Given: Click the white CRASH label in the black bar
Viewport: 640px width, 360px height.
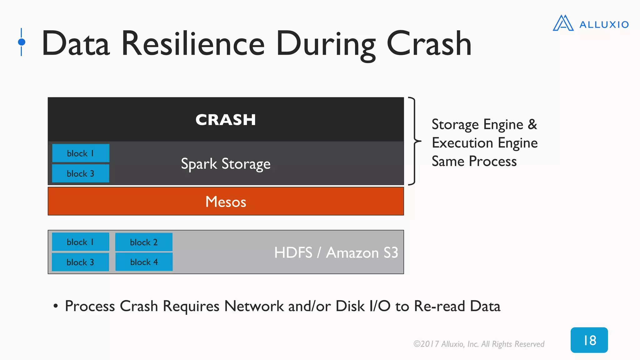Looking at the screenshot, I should (x=226, y=120).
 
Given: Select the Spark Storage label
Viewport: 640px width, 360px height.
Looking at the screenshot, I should (x=226, y=164).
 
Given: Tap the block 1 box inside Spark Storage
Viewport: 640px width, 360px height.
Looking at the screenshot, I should (x=81, y=153).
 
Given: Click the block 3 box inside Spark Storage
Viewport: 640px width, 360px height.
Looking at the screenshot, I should (x=81, y=173).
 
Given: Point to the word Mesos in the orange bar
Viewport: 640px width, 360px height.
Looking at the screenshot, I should (x=226, y=202).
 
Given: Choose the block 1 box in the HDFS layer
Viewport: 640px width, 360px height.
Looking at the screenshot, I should (x=81, y=242).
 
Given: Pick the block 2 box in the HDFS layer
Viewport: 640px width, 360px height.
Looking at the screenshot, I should (x=144, y=242).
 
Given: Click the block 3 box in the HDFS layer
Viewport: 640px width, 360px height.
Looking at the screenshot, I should (x=81, y=262).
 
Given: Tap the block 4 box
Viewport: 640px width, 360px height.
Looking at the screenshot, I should (x=144, y=262).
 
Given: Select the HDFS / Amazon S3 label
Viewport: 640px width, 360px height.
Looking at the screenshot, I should (x=336, y=252).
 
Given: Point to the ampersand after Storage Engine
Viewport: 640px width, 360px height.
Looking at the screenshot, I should (x=532, y=124).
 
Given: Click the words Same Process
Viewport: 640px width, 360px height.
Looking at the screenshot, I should (x=474, y=162).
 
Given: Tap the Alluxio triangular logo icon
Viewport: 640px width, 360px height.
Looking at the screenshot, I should (x=563, y=23).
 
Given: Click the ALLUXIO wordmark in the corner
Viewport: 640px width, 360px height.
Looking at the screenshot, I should (x=604, y=25).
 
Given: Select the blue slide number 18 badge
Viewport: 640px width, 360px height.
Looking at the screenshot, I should (x=589, y=340).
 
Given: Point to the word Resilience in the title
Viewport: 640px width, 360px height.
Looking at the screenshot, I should (x=193, y=44).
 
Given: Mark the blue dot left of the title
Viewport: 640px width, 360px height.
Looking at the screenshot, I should (x=22, y=42).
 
